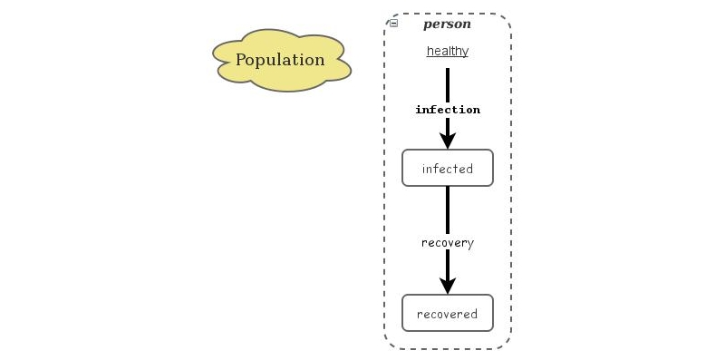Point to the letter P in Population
click(241, 61)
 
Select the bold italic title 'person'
click(447, 24)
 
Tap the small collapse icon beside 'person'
click(393, 24)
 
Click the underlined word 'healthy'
click(448, 51)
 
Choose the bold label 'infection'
click(448, 110)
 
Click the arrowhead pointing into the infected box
click(448, 140)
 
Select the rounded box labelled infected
click(448, 169)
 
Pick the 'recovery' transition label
click(448, 243)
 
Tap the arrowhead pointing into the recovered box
click(448, 284)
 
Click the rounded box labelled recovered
click(448, 314)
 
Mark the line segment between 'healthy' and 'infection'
click(448, 83)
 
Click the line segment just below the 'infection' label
click(448, 124)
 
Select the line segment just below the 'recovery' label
click(448, 263)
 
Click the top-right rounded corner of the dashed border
click(505, 20)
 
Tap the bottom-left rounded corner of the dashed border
click(391, 342)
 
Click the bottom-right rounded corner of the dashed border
click(505, 342)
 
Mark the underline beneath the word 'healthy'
click(448, 57)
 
